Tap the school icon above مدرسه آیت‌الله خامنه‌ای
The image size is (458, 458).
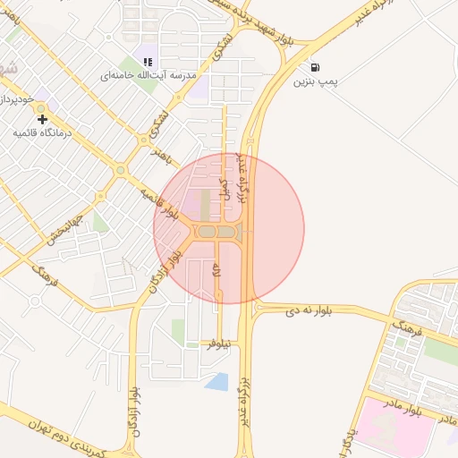[148, 62]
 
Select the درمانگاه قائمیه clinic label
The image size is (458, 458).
[42, 132]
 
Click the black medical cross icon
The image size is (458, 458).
[42, 118]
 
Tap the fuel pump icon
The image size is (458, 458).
[314, 67]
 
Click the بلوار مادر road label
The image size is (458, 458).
[426, 411]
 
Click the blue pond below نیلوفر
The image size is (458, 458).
[217, 382]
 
